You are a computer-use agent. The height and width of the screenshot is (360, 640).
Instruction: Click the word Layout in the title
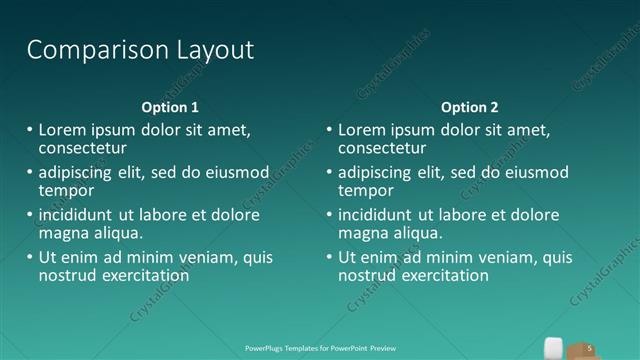(x=211, y=50)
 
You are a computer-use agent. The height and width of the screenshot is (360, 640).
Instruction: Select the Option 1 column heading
(x=169, y=107)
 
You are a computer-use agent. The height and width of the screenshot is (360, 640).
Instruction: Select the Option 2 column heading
(x=469, y=107)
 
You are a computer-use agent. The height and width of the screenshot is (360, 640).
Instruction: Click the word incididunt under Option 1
(x=77, y=215)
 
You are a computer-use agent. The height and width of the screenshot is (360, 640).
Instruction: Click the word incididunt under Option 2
(x=377, y=215)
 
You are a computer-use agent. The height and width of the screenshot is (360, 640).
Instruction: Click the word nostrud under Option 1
(x=65, y=275)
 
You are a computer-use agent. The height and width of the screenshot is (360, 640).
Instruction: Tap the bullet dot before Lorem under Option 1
(x=28, y=130)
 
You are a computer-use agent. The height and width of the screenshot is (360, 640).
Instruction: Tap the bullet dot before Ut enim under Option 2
(x=328, y=257)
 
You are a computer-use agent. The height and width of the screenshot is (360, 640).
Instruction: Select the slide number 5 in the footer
(x=590, y=347)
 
